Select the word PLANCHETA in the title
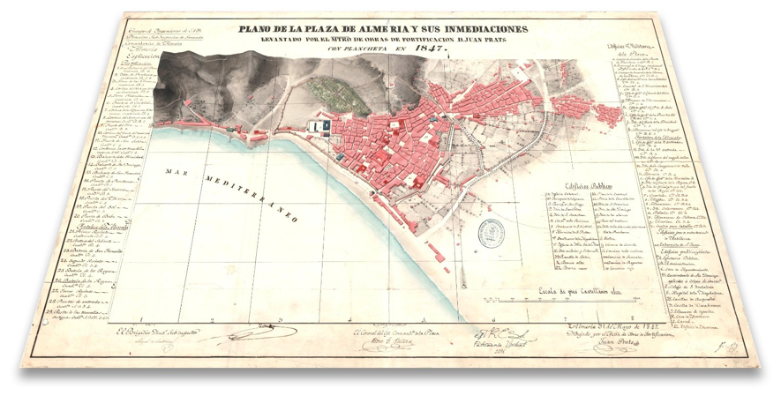click(359, 51)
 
